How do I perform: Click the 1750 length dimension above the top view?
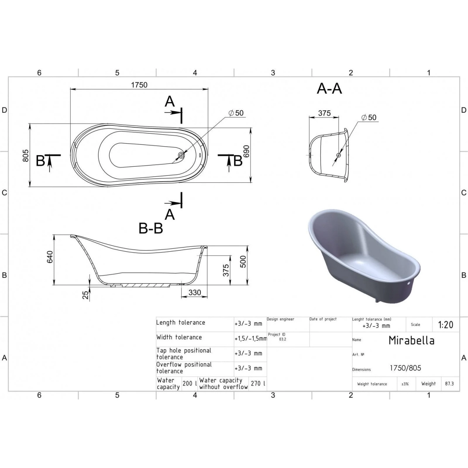coord(139,85)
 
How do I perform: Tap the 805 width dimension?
coord(26,155)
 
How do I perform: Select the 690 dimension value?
coord(246,151)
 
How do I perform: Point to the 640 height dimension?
coord(50,257)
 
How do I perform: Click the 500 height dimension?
coord(243,261)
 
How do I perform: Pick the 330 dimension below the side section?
coord(195,292)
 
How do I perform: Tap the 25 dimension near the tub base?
coord(86,295)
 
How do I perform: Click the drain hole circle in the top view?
coord(181,155)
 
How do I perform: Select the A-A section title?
coord(329,88)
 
